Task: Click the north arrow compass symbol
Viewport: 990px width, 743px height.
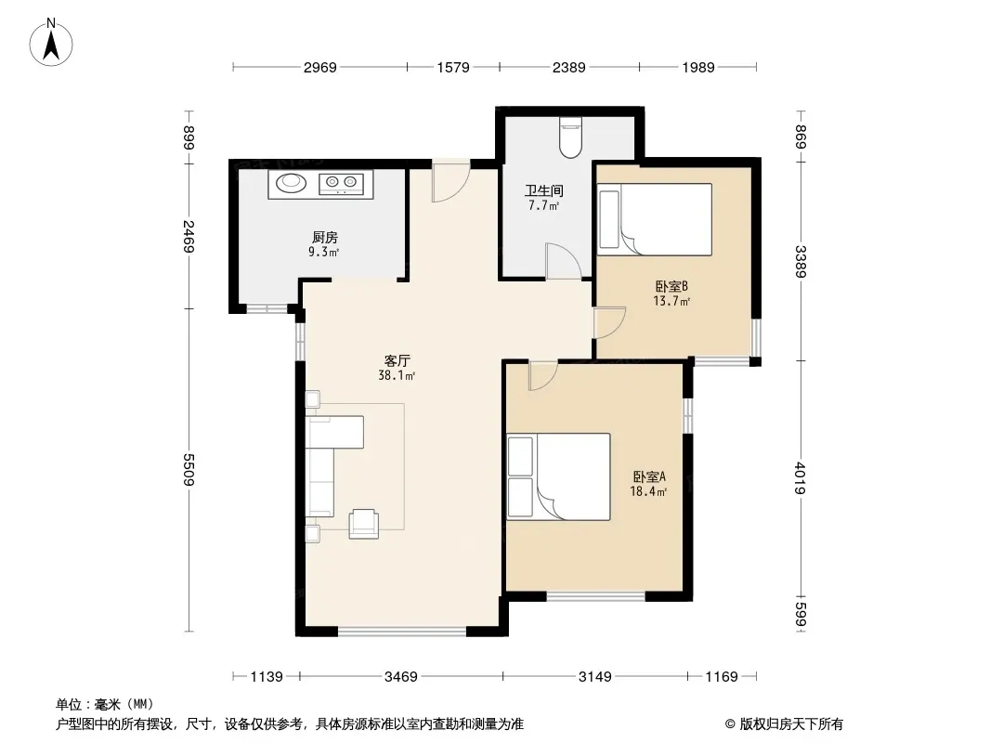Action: (x=51, y=42)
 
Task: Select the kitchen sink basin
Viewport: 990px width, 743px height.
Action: (x=291, y=182)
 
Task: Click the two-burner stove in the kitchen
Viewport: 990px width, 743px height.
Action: (x=341, y=183)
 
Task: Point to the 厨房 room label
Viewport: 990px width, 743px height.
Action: (x=324, y=238)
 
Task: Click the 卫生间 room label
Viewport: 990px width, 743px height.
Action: (x=543, y=190)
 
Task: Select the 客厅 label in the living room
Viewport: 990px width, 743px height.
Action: (x=397, y=360)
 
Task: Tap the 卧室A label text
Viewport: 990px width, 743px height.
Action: (x=649, y=476)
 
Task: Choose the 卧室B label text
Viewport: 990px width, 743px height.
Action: (x=671, y=286)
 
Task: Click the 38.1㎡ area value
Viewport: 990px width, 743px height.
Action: (x=397, y=375)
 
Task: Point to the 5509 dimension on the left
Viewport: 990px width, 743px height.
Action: (x=189, y=470)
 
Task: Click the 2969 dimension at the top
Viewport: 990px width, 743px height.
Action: (x=320, y=67)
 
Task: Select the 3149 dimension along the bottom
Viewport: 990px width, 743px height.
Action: (x=594, y=677)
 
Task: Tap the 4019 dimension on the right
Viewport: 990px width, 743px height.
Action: (x=801, y=478)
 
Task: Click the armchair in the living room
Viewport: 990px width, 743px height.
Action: (x=364, y=523)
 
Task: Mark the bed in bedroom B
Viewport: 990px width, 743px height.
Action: (x=655, y=219)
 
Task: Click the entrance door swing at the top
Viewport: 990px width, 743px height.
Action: (x=450, y=182)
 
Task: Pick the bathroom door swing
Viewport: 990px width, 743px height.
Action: (x=563, y=261)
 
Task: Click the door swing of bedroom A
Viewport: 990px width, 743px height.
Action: (x=543, y=375)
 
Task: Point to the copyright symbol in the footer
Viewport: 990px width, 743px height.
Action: (x=730, y=724)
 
